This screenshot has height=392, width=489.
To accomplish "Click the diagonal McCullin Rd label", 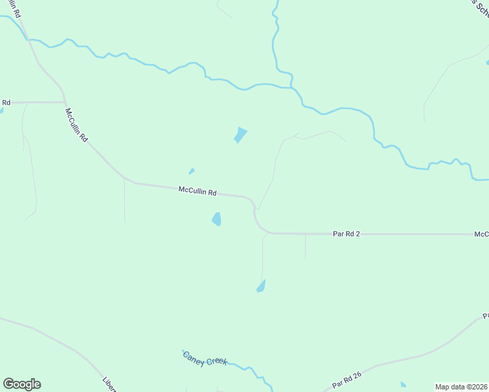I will [76, 125].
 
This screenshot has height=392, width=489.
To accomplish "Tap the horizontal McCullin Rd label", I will [197, 191].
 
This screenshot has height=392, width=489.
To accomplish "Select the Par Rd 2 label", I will [346, 233].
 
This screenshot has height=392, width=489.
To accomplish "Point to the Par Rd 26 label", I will [346, 379].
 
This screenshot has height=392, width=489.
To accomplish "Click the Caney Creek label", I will [205, 359].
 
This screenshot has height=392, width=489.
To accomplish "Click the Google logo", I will [22, 384].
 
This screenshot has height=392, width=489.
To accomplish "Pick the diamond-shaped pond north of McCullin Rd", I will [241, 135].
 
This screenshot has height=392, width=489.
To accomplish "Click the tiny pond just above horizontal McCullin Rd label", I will [192, 172].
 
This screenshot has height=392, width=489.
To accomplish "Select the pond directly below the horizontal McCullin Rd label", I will [216, 219].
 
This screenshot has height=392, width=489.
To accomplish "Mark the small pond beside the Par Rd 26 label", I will [403, 385].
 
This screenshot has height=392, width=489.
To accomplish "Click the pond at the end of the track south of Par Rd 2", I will [261, 286].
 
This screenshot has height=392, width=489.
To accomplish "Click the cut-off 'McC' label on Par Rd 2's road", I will [482, 234].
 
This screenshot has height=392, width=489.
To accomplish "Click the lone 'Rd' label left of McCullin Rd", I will [6, 102].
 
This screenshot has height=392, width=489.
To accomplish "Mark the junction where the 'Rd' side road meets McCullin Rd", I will [65, 102].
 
